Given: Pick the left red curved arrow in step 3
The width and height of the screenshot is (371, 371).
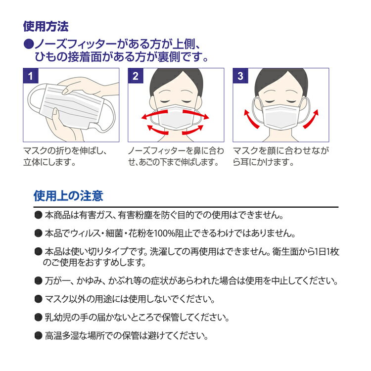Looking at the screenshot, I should (x=250, y=119).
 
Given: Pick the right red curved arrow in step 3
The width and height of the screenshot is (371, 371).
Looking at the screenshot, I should (x=312, y=119).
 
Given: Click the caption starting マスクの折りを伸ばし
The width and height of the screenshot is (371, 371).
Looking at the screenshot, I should (x=64, y=156).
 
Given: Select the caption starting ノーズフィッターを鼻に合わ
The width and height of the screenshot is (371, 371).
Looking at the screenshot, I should (x=176, y=156).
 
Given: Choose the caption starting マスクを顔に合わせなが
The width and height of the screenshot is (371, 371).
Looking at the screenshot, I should (x=280, y=156).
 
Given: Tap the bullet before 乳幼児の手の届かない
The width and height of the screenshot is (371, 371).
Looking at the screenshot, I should (x=38, y=317).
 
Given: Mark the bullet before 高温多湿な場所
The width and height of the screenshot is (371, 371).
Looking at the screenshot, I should (x=38, y=335).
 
